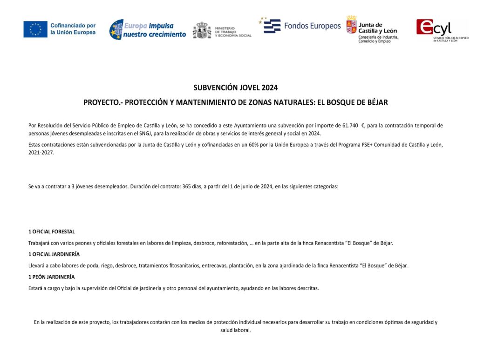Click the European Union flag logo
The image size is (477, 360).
pos(35,29)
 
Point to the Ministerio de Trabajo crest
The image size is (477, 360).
pos(202,30)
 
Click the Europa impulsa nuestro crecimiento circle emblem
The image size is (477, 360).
pos(116,29)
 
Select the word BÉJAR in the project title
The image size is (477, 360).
pos(377,102)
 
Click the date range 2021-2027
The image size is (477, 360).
pos(41,152)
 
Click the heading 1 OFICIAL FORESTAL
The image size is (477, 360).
pos(51,231)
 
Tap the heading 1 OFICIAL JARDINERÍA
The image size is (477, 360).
pos(54,254)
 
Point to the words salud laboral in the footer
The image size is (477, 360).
pos(235,330)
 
